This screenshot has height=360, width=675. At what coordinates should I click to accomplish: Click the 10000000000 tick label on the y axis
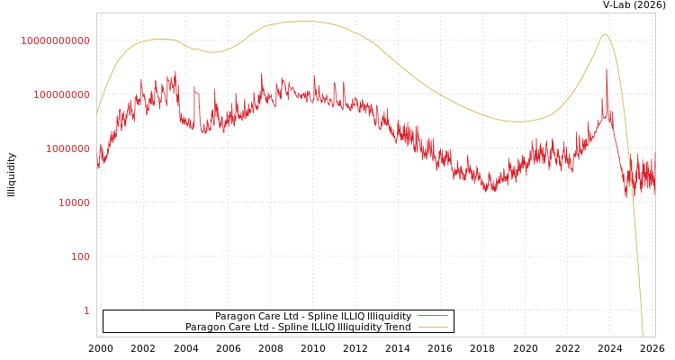tap(56, 40)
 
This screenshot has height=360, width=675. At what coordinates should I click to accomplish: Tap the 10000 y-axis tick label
tap(68, 202)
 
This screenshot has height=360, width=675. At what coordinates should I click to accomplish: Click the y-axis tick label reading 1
tap(86, 310)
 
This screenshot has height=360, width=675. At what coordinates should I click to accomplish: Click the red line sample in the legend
tap(433, 317)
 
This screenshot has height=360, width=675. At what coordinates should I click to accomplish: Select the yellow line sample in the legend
tap(433, 328)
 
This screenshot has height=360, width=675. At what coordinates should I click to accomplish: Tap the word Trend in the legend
tap(396, 328)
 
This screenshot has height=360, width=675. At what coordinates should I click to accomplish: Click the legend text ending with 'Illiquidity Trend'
tap(298, 328)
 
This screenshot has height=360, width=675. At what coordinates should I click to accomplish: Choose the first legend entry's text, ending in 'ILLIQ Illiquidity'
tap(313, 317)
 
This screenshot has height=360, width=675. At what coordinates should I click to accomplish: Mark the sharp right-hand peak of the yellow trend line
tap(605, 34)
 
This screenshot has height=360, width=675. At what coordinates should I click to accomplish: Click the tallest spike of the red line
tap(607, 69)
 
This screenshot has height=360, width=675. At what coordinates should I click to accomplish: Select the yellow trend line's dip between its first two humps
tap(213, 52)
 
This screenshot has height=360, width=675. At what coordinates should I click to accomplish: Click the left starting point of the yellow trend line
tap(97, 114)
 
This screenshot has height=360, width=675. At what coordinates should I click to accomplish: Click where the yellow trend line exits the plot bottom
tap(643, 336)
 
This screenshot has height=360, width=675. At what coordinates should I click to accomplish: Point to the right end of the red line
tap(654, 180)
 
